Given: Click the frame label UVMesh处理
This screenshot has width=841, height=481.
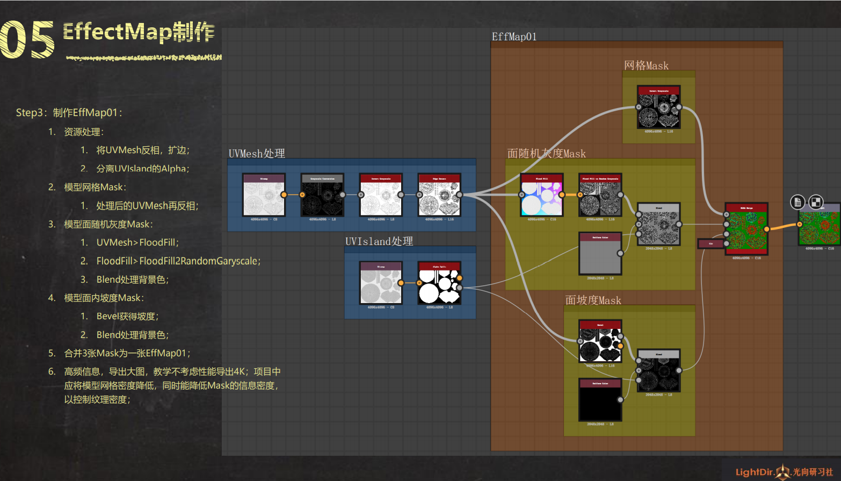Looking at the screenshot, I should (x=257, y=154).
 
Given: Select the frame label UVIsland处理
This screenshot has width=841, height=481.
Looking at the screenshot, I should (x=379, y=241).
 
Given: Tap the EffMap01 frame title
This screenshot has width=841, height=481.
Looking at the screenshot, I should (x=514, y=37).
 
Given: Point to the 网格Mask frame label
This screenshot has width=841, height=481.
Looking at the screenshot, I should (x=646, y=66).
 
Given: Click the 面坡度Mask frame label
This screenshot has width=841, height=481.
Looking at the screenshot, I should (x=593, y=300).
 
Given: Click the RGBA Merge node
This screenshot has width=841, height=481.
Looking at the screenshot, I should (x=746, y=228).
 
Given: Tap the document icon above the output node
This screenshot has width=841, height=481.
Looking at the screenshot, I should (x=798, y=202).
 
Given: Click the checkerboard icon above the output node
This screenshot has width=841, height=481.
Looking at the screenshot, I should (x=816, y=202).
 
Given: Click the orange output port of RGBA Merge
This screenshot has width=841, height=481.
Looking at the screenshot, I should (x=767, y=229).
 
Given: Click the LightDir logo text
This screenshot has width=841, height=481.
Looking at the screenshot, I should (x=755, y=472).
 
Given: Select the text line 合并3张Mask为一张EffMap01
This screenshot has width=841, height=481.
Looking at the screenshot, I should (x=127, y=353).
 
